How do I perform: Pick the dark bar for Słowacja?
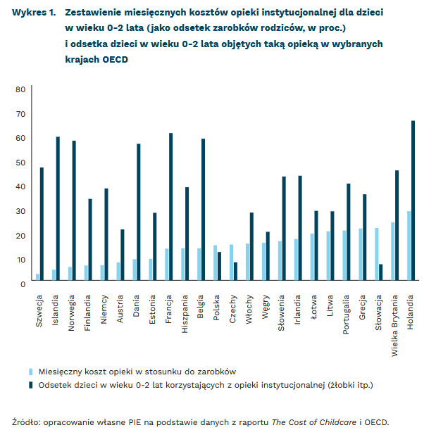click(x=381, y=274)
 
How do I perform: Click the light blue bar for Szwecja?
click(x=37, y=279)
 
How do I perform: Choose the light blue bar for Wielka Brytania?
click(x=392, y=253)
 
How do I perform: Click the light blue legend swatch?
click(x=30, y=371)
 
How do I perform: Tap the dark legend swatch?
click(x=30, y=384)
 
